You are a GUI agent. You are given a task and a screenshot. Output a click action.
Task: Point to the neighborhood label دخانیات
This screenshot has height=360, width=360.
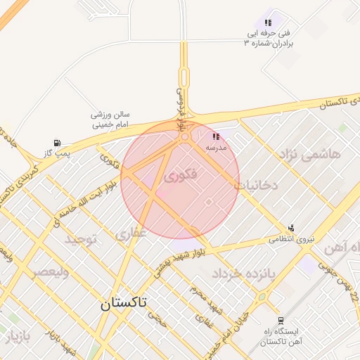[257, 185]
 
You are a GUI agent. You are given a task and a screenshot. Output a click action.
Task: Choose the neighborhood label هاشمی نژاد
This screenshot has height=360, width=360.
[309, 153]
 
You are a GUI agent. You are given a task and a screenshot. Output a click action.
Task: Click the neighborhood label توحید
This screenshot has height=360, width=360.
[85, 240]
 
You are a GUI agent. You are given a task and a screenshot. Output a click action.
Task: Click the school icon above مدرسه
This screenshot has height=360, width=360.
[216, 136]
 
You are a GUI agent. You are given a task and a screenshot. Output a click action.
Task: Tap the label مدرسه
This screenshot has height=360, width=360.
[215, 148]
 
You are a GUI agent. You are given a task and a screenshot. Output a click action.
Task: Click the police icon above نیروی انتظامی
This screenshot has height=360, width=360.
[291, 227]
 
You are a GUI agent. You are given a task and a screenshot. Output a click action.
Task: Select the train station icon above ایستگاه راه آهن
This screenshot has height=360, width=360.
[281, 320]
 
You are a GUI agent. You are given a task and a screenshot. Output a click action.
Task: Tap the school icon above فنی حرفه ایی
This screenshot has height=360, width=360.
[268, 22]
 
